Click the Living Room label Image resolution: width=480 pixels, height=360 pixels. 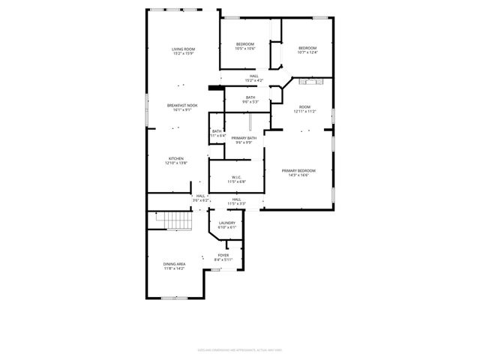coord(183,49)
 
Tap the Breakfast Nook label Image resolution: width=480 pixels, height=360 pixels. coord(182,106)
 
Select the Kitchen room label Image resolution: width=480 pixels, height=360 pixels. coord(176,158)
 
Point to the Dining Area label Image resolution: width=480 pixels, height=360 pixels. coord(175,264)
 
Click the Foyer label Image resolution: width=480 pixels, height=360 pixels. coord(223,255)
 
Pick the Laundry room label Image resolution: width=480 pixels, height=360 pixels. coord(227,223)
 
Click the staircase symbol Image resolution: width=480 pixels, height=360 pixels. coord(175,220)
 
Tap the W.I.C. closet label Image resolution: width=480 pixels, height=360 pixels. coord(236,177)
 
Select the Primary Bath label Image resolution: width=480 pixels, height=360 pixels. coord(244,138)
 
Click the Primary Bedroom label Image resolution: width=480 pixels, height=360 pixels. coord(298,171)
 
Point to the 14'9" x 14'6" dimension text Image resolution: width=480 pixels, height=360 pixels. coord(298,175)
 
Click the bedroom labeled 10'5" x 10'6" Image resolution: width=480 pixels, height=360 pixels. coord(245,44)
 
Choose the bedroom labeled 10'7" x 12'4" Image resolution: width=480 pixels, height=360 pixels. coord(307,48)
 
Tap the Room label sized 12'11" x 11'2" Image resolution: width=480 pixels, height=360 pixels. coord(305,106)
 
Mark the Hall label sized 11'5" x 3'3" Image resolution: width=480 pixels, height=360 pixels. coord(236,199)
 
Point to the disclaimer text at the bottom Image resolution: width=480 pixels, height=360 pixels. coord(240,349)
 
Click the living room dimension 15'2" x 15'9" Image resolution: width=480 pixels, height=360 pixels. coord(183,53)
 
